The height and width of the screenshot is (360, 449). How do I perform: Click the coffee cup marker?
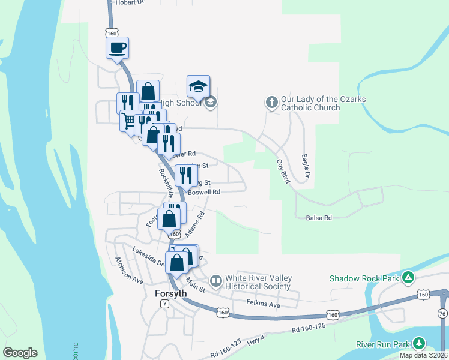click(118, 47)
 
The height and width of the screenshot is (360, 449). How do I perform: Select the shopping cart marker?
click(128, 121)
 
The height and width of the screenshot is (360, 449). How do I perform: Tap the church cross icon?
click(271, 103)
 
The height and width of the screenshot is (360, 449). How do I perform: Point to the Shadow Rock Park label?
click(364, 278)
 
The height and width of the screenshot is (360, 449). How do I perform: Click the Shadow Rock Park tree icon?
click(408, 277)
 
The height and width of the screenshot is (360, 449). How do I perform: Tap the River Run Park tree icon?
click(418, 344)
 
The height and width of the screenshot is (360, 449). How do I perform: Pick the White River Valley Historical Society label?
click(259, 282)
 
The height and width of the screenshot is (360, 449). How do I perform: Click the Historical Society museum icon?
click(215, 280)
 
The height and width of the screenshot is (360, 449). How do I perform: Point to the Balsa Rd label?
click(319, 218)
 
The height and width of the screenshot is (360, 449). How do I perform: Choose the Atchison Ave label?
click(128, 271)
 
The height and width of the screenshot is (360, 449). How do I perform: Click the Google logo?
click(20, 353)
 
